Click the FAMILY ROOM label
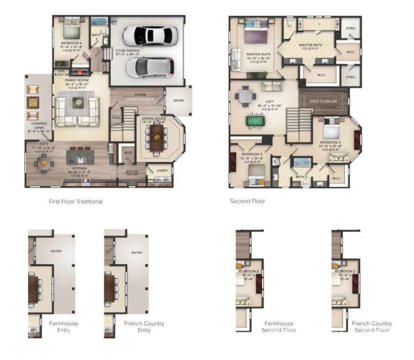coord(76,80)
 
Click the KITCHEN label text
coord(80,168)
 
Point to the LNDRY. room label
coord(162,171)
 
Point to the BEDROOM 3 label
coord(250,155)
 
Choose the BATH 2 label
coord(301,176)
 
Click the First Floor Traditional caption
coord(75,201)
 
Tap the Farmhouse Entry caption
coord(64,326)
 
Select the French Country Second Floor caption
coord(372,326)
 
